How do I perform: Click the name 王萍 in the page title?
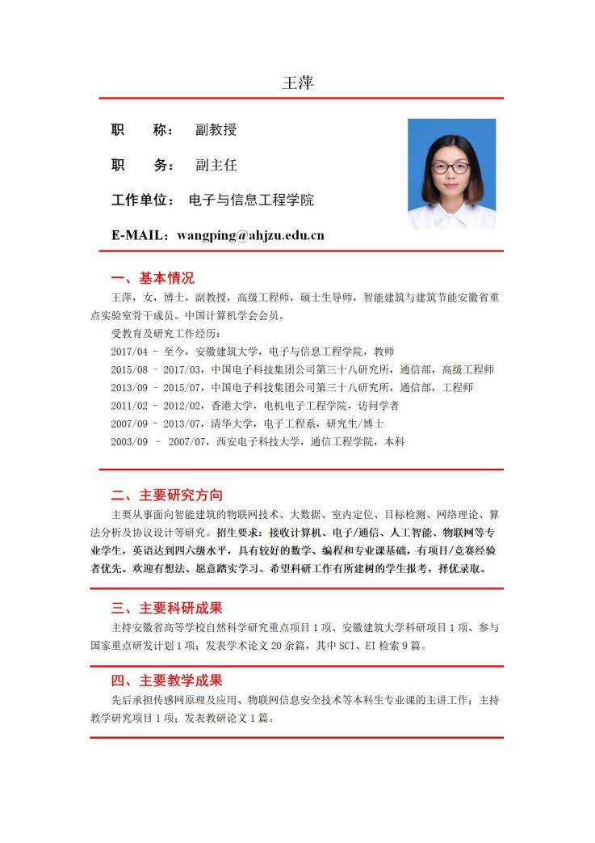[297, 82]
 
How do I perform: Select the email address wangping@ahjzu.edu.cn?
[250, 235]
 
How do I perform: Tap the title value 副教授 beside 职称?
[216, 129]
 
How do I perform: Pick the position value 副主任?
[216, 165]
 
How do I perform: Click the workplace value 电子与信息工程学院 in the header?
[250, 200]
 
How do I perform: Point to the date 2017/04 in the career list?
[129, 352]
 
